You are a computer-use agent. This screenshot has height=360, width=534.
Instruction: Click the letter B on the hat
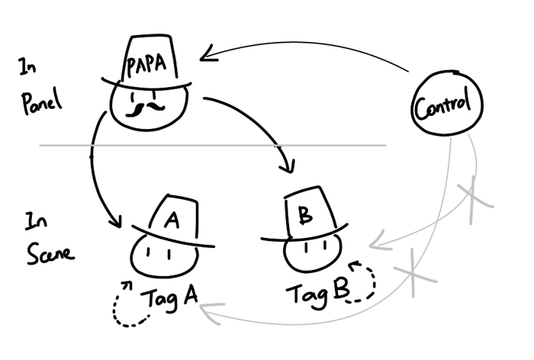pyautogui.click(x=305, y=216)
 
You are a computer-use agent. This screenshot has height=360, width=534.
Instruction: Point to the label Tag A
pyautogui.click(x=169, y=299)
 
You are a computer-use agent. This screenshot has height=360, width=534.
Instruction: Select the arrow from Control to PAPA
pyautogui.click(x=305, y=47)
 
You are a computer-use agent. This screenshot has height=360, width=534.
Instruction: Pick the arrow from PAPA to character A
pyautogui.click(x=95, y=168)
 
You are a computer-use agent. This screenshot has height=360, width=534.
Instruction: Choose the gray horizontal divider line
pyautogui.click(x=229, y=145)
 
